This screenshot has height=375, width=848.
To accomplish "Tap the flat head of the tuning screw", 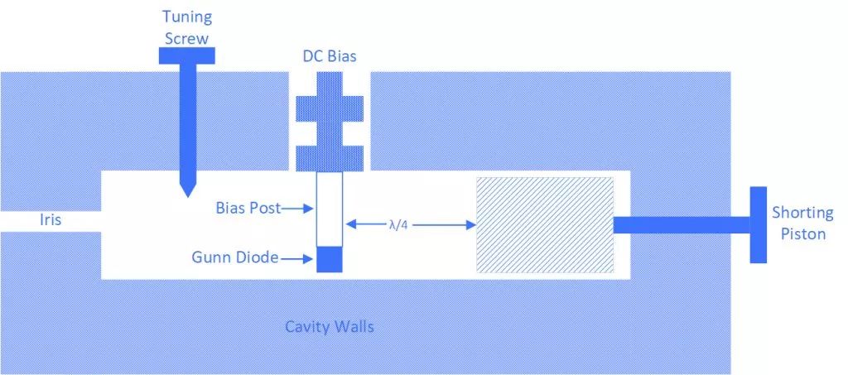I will coord(187,55).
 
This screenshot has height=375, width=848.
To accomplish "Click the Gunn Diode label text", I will coord(234,259).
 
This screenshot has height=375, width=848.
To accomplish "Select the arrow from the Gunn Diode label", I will coord(299,259).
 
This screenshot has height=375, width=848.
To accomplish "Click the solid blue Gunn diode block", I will coord(330,259).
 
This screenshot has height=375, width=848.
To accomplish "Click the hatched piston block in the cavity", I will coord(544,224).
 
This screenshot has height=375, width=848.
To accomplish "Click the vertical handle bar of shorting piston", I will coord(759,224).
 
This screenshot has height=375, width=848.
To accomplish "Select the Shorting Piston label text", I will coord(802,224).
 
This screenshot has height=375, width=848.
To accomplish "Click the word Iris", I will coord(51,221).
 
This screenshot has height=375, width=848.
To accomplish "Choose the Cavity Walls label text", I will coord(330,326).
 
